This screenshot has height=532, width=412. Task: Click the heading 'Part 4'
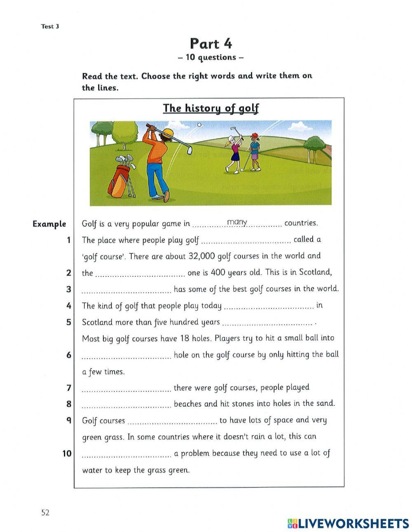point(211,43)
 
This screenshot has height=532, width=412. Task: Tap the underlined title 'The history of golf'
point(211,108)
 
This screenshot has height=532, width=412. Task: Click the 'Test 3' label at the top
point(50,26)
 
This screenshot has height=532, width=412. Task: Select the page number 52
point(45,512)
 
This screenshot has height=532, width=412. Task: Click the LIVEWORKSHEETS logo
point(348,523)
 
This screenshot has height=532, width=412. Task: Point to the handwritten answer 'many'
point(237,223)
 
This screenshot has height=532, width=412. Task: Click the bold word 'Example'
point(49,224)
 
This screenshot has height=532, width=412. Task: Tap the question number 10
point(67,454)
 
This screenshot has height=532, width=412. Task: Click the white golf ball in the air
point(200,124)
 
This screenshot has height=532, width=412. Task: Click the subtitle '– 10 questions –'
point(211,57)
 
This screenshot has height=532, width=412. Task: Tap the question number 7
point(69,388)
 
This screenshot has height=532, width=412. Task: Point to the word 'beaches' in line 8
point(188,404)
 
